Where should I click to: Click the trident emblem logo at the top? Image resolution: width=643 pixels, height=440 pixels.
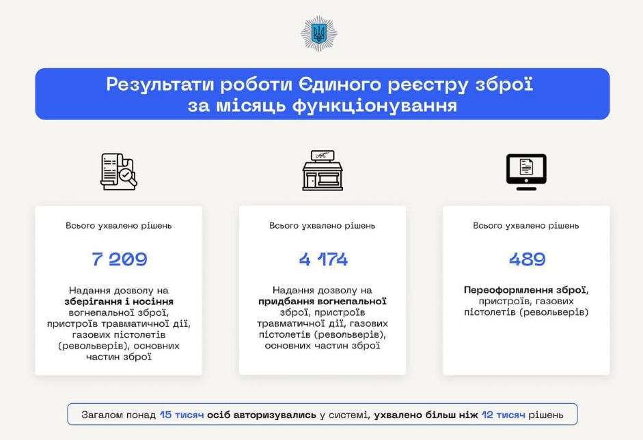coord(318,34)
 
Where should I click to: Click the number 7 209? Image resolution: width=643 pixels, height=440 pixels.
coord(120,259)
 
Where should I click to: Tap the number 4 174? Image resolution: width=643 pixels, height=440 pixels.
coord(323,259)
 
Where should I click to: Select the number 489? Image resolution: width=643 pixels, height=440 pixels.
coord(527,259)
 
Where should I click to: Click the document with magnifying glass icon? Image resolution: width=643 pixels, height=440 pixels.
coord(119,171)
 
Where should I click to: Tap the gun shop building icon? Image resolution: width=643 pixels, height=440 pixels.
coord(323,171)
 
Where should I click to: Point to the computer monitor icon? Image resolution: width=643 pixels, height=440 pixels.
coord(526,172)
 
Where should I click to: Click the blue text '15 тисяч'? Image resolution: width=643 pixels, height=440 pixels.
coord(182,415)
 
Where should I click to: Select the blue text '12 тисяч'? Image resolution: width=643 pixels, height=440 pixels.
coord(503,415)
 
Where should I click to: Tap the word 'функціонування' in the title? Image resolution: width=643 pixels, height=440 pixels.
coord(374,106)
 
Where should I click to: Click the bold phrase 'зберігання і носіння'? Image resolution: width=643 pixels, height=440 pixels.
coord(119,302)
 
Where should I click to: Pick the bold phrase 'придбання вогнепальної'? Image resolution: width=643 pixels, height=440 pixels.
coord(323,302)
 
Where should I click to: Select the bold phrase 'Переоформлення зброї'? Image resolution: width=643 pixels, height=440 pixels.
coord(525,290)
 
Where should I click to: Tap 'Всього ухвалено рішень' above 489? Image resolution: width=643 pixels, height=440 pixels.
coord(525,226)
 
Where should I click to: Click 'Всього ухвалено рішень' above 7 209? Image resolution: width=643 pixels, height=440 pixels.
coord(118,226)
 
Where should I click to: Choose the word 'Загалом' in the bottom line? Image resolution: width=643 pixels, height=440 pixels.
coord(102,415)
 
